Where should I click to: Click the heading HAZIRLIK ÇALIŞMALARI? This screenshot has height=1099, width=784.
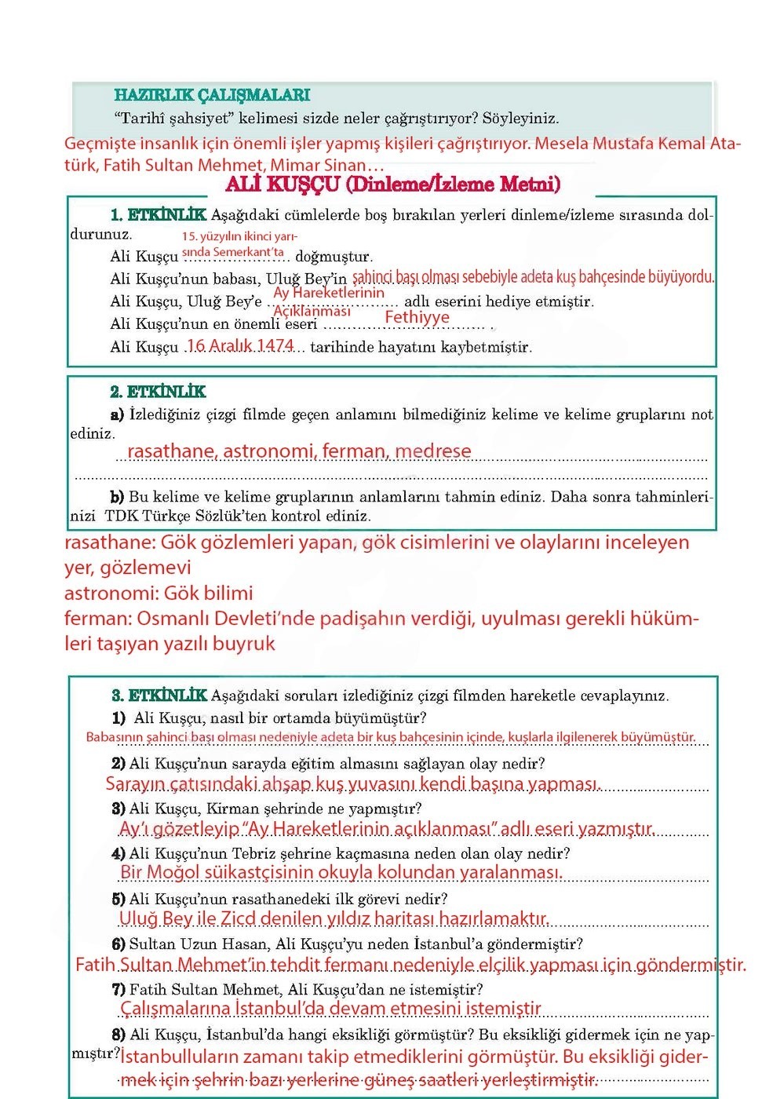click(212, 95)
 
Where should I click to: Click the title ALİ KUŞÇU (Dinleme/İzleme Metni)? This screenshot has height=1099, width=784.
click(392, 184)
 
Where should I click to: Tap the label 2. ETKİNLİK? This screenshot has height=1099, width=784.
click(158, 392)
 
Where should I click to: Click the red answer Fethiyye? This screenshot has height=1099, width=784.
click(417, 317)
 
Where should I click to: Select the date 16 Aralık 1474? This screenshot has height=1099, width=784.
click(240, 345)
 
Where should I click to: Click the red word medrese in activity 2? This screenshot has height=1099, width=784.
click(433, 451)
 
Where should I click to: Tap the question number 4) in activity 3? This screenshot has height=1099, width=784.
click(119, 853)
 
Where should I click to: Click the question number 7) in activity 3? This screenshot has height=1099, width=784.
click(119, 990)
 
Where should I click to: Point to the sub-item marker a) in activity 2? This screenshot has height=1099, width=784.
click(117, 414)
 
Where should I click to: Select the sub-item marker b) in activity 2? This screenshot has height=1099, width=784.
click(117, 497)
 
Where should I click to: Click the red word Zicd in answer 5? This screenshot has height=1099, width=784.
click(238, 918)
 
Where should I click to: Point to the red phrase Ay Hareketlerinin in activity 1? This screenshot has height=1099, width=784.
click(329, 293)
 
